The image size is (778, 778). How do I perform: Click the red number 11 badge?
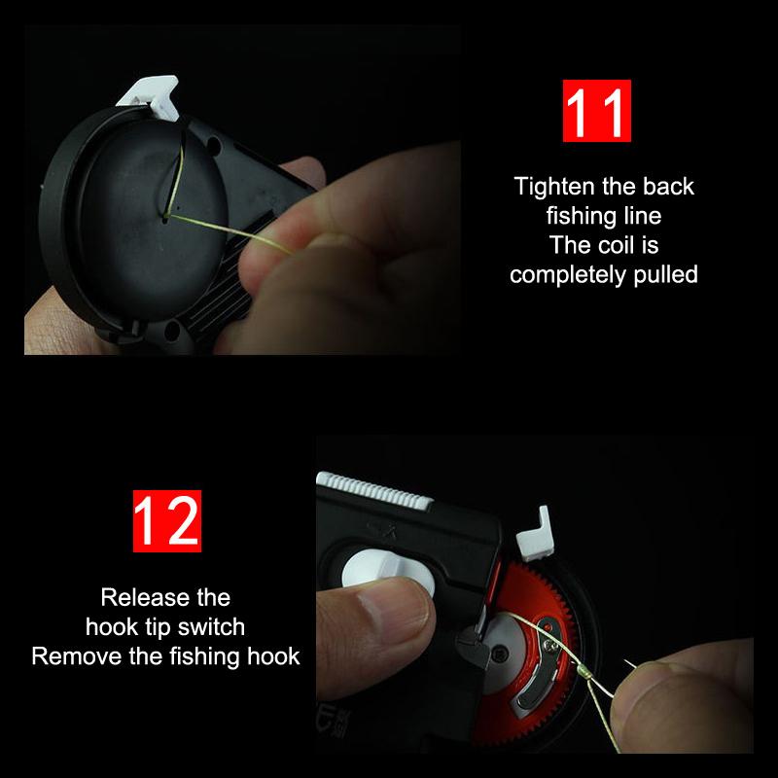(596, 111)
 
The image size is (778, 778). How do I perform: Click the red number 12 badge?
(167, 521)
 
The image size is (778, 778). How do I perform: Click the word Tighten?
(554, 187)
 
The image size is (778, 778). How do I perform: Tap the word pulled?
(666, 275)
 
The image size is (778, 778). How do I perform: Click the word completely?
(569, 275)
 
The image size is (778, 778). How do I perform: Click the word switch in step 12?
(211, 627)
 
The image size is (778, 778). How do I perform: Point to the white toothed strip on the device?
(374, 490)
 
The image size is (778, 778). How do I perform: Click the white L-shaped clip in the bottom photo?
(535, 535)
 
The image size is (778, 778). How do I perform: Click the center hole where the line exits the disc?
(165, 216)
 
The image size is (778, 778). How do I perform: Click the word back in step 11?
(668, 187)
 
